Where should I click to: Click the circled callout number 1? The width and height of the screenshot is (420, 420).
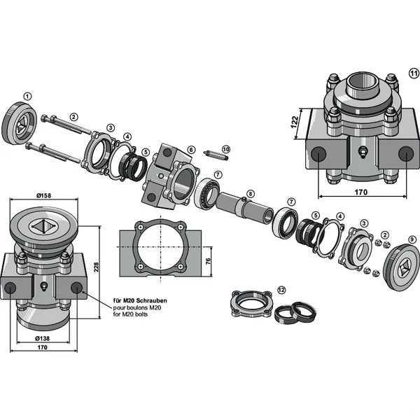(27, 96)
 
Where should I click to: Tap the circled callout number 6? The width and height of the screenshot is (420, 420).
(191, 150)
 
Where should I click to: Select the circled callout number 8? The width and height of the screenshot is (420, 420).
(251, 193)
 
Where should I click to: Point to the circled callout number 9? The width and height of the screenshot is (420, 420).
(412, 239)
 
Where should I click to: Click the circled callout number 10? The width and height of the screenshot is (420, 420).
(225, 149)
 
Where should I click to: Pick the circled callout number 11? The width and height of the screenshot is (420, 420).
(413, 73)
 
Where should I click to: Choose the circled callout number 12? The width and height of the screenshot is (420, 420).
(281, 288)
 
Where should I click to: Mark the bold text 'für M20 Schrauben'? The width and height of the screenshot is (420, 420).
(141, 300)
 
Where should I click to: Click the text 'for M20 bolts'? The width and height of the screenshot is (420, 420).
(131, 314)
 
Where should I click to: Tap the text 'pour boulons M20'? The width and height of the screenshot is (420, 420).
(136, 307)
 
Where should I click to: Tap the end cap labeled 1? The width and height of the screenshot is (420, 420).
(21, 124)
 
